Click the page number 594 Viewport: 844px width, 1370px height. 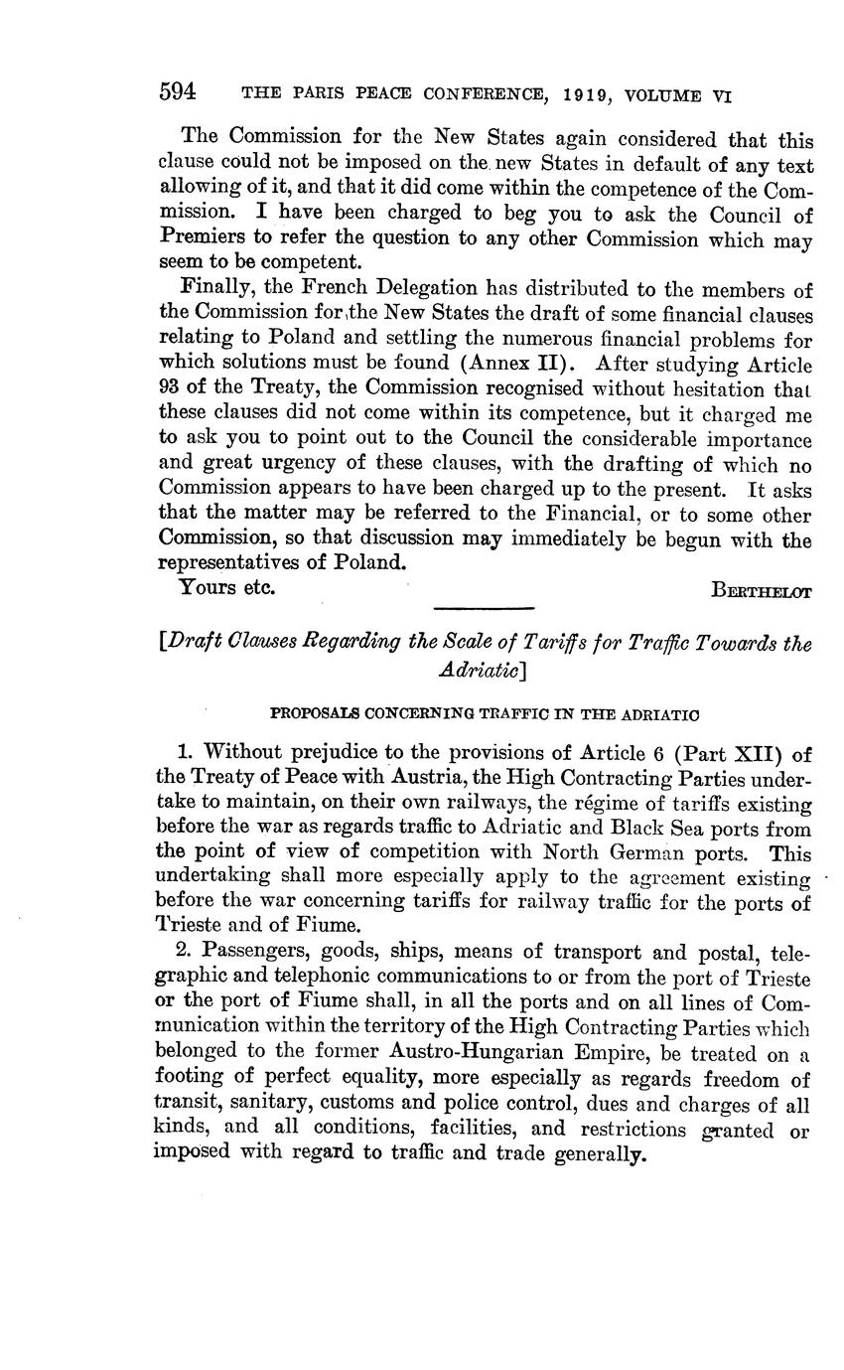(x=178, y=92)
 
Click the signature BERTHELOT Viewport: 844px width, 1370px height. (x=762, y=591)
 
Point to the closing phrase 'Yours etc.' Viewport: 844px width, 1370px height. (x=226, y=587)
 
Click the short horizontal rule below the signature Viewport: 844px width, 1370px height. (x=485, y=608)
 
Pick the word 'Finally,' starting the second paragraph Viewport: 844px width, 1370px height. (x=214, y=288)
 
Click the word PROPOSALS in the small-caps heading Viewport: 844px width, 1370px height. (x=314, y=713)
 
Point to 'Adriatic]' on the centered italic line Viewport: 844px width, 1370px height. (x=481, y=669)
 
